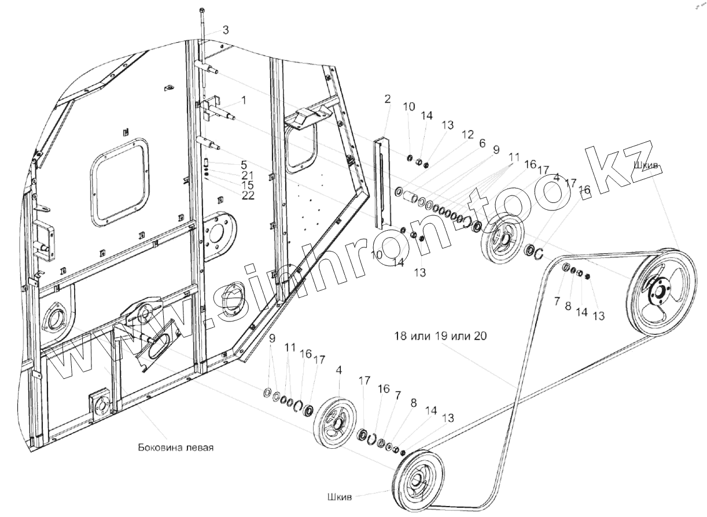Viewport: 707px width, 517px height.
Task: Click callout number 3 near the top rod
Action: (226, 31)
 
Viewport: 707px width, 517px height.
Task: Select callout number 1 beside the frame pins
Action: (244, 100)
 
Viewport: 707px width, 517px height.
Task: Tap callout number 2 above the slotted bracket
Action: (387, 99)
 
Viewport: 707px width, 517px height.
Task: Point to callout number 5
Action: (228, 164)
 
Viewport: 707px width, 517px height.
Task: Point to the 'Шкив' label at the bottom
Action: (339, 496)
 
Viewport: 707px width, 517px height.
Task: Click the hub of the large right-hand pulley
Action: (658, 291)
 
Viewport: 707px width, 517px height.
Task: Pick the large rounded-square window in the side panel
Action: (120, 180)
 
